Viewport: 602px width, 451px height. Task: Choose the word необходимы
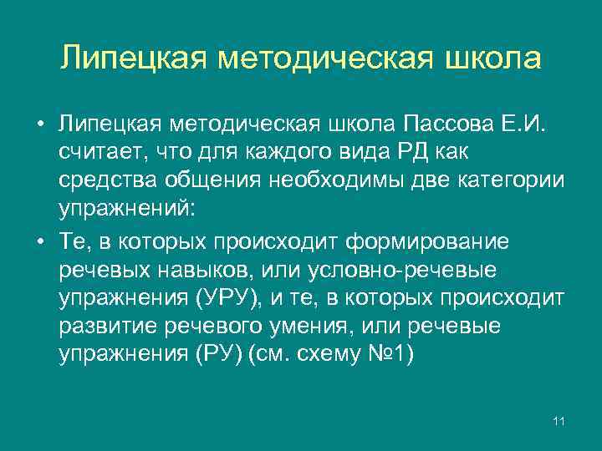point(339,181)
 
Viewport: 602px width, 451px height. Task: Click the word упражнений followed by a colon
point(126,210)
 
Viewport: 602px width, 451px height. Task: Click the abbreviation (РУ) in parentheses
point(223,357)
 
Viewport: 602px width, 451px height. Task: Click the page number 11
point(559,420)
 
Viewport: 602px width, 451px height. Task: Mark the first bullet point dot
point(40,125)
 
